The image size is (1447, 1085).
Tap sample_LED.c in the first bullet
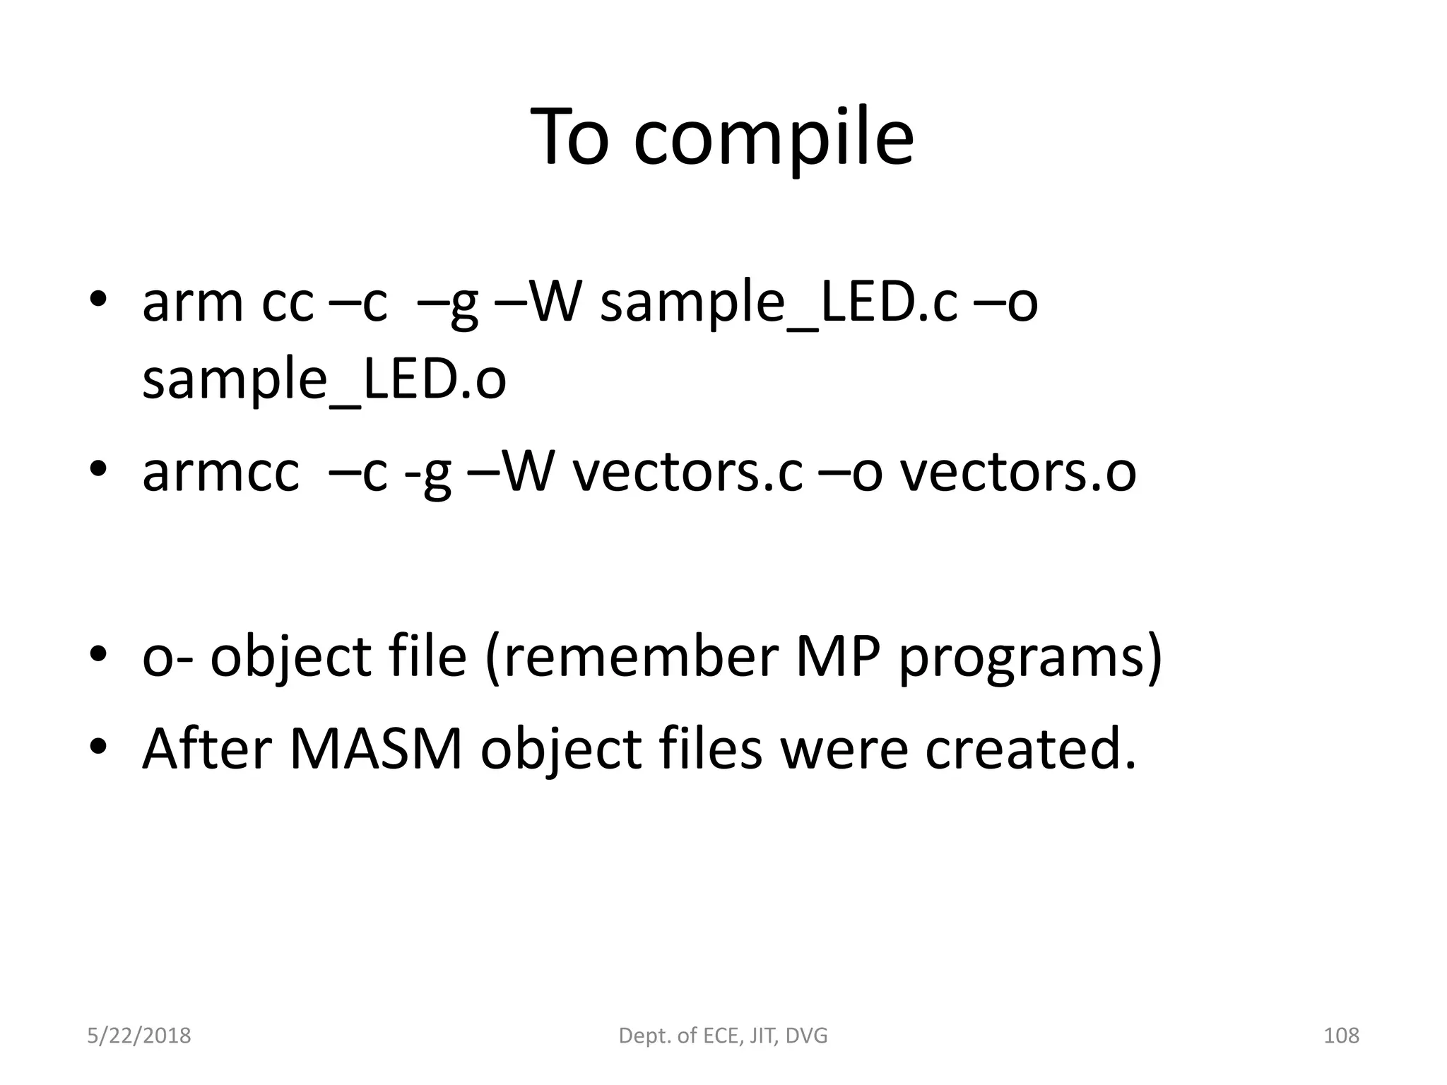coord(779,304)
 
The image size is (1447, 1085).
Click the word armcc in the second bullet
coord(220,473)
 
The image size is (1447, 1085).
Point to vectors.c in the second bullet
coord(687,473)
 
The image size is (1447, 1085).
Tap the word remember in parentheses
coord(639,656)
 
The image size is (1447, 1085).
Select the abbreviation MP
coord(838,656)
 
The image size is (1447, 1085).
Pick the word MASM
coord(376,749)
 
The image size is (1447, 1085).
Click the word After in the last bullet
coord(207,749)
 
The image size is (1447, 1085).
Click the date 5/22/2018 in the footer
coord(139,1036)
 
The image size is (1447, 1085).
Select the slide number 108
coord(1341,1036)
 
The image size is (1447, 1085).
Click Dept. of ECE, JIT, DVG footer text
coord(723,1036)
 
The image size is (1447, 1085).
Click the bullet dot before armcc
coord(98,468)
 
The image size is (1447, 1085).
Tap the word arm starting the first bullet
coord(192,304)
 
